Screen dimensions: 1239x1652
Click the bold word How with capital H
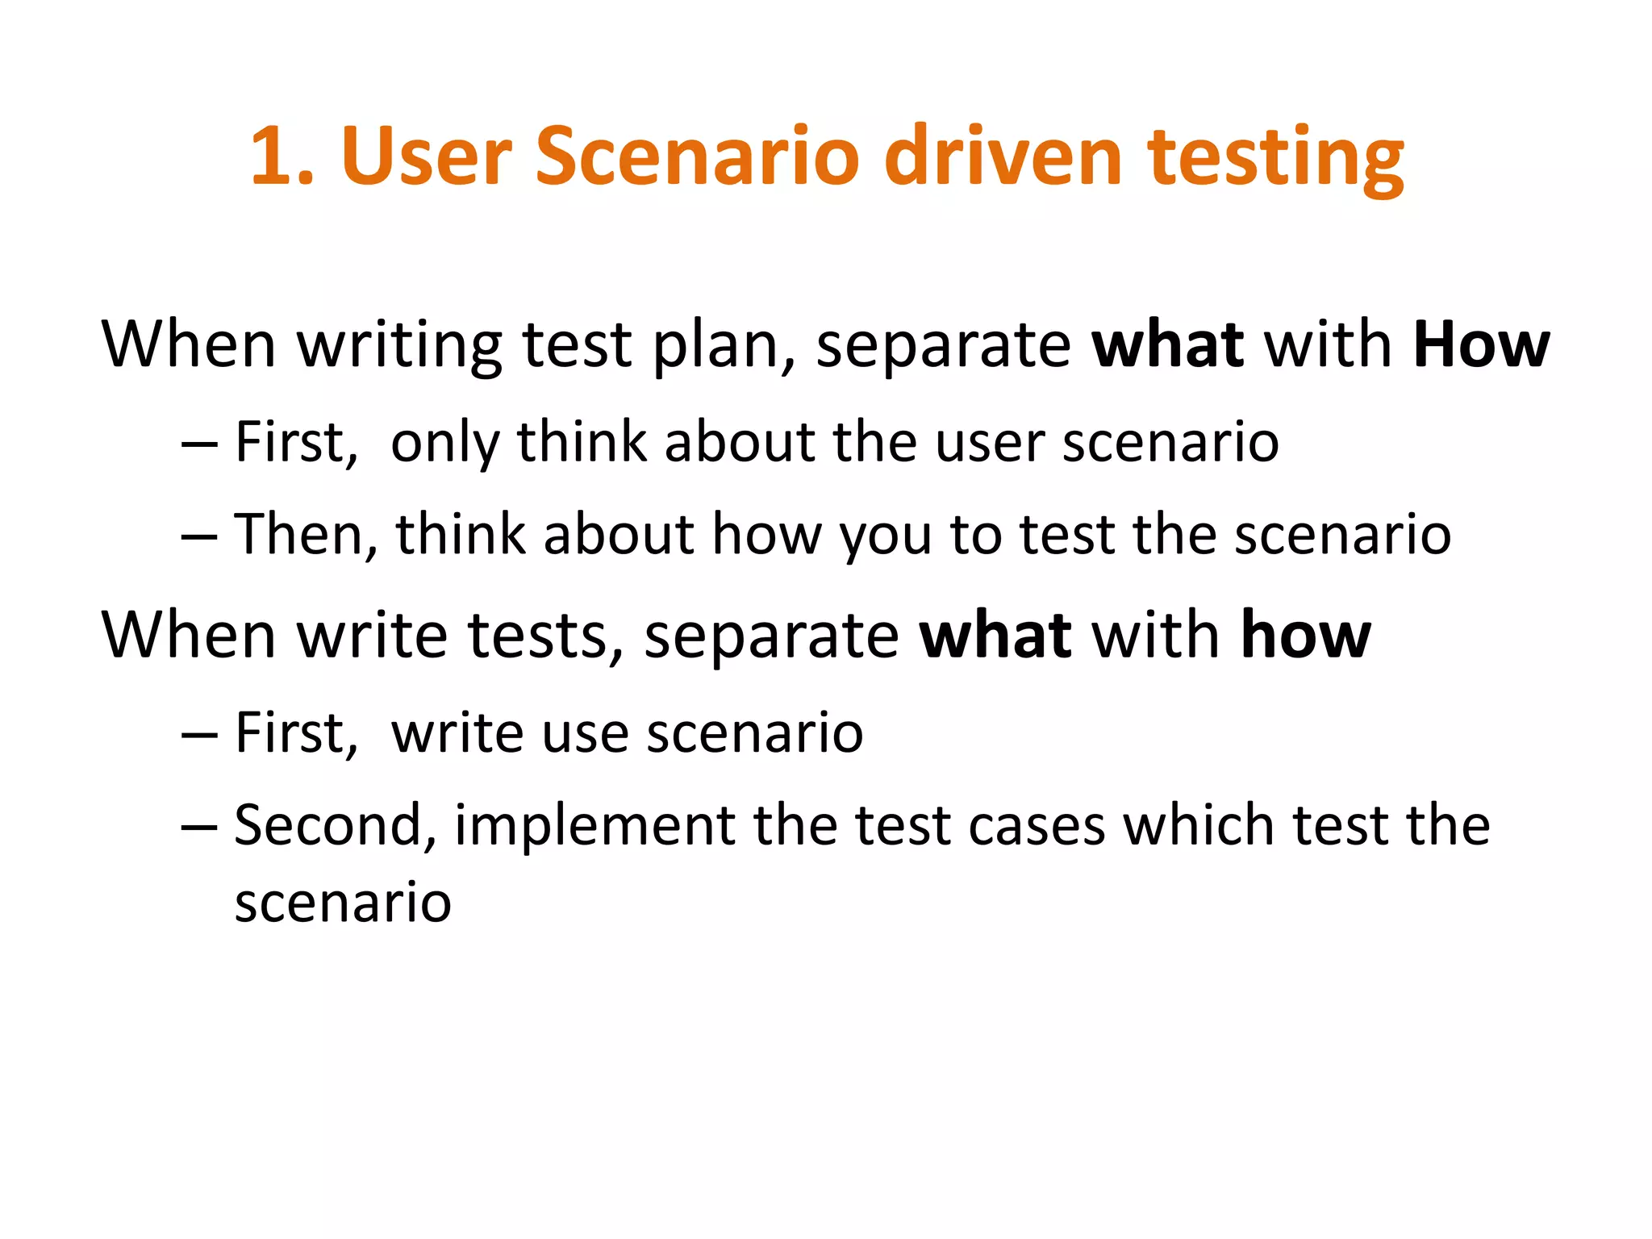tap(1481, 345)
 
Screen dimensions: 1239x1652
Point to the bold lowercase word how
tap(1305, 636)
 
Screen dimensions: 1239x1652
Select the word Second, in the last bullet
tap(336, 826)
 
